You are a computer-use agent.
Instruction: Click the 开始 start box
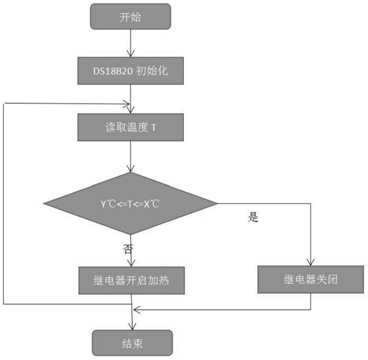[x=131, y=17]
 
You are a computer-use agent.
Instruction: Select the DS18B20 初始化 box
[x=131, y=71]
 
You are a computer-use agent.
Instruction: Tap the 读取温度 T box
[x=131, y=127]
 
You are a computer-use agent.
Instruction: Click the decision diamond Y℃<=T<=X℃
[x=131, y=204]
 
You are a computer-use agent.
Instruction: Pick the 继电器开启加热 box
[x=131, y=280]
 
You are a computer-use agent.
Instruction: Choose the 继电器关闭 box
[x=311, y=280]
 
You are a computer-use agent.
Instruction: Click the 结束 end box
[x=133, y=343]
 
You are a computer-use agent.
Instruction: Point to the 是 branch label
[x=253, y=217]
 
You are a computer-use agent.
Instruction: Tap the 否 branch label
[x=128, y=249]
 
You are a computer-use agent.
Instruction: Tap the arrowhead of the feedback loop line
[x=127, y=104]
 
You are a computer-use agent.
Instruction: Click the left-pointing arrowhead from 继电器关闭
[x=136, y=310]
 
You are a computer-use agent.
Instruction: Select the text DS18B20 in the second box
[x=113, y=71]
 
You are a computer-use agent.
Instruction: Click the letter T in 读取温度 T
[x=154, y=128]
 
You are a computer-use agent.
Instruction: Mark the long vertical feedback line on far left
[x=3, y=204]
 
